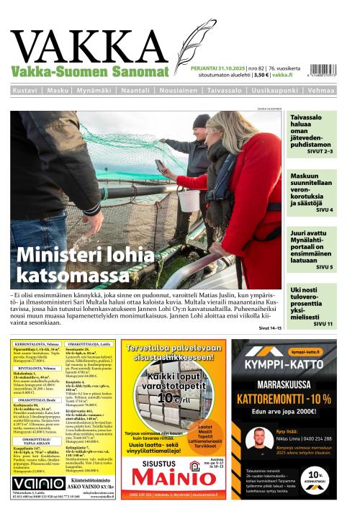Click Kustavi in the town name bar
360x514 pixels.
coord(26,91)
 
